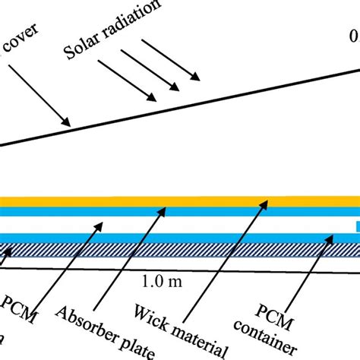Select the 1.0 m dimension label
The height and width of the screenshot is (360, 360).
(x=159, y=282)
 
